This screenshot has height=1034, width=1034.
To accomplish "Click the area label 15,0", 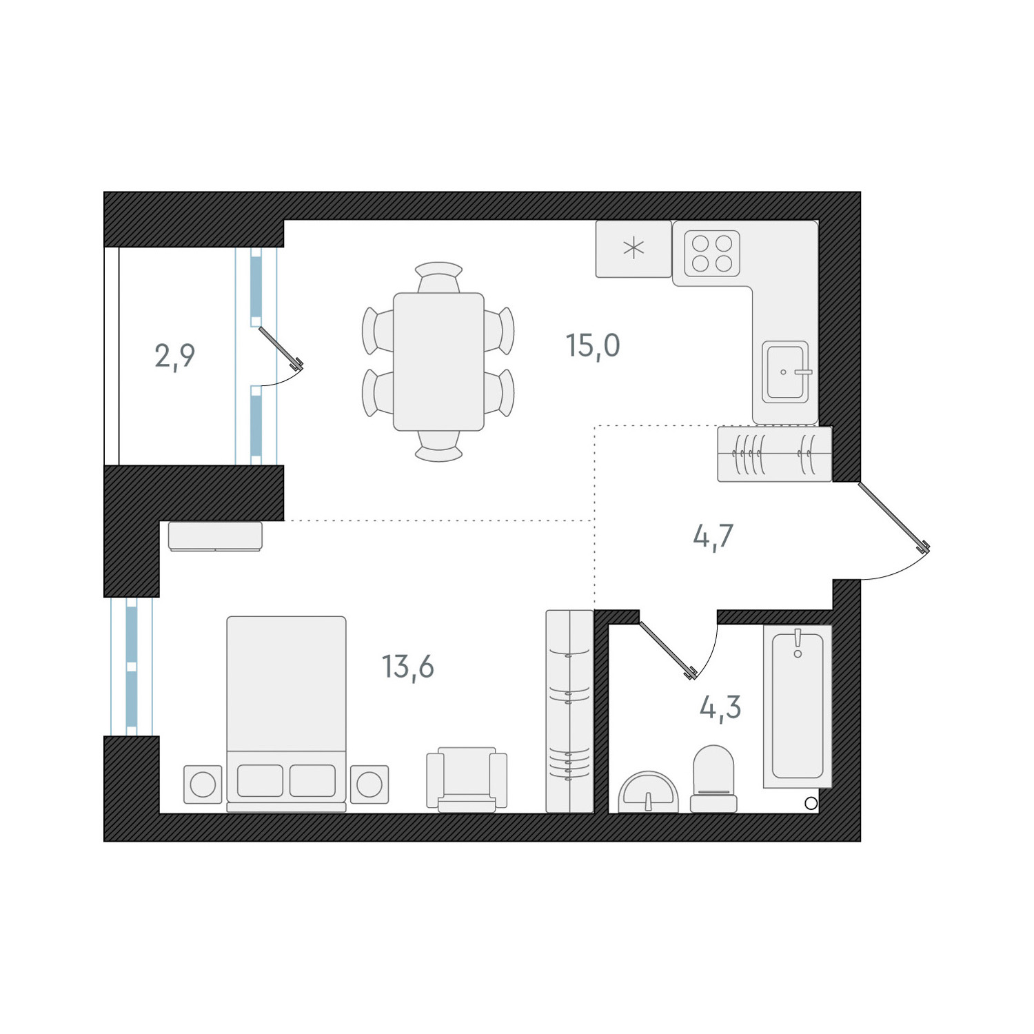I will pos(593,345).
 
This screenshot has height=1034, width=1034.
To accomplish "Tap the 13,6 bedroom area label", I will pos(408,667).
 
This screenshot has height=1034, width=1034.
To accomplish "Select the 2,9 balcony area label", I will pos(174,356).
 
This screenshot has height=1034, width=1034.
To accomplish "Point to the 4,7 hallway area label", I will pos(713,536).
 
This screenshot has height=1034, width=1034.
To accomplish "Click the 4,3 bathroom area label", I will pos(720,707).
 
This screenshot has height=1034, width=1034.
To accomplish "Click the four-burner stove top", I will pos(712,253).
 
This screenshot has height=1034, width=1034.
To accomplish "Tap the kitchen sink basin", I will pos(785,372).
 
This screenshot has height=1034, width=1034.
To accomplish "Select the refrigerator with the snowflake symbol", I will pos(633,249).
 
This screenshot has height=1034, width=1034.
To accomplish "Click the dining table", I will pos(438,361).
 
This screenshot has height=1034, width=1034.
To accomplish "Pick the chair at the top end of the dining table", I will pos(438,275).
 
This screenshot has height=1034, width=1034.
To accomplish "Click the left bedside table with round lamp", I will pos(203,784).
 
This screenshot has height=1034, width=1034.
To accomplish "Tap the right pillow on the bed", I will pos(312,780).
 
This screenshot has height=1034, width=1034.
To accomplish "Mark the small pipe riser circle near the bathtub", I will pos(811,803).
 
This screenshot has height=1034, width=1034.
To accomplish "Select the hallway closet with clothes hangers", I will pos(774,454).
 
